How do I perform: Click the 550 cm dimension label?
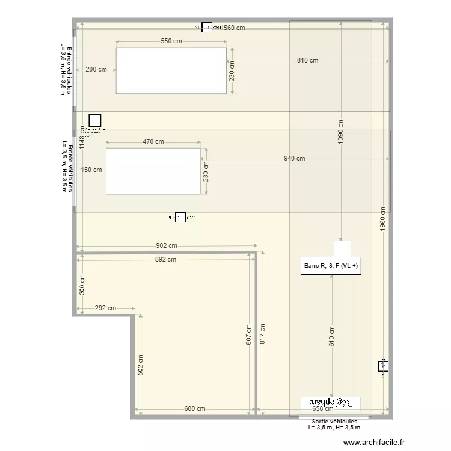171,41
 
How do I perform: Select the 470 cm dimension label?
153,142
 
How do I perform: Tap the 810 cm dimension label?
307,61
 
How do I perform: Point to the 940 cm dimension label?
294,159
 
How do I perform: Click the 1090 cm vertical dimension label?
341,129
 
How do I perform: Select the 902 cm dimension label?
166,245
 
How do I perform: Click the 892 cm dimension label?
166,260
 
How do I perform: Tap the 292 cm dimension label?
105,308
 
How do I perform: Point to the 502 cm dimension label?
140,365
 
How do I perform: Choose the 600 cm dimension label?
194,409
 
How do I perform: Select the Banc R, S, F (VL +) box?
331,266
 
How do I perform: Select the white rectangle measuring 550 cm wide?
171,71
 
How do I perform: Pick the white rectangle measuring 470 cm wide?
153,171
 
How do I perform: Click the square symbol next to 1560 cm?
207,27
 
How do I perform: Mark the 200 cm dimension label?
96,69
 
